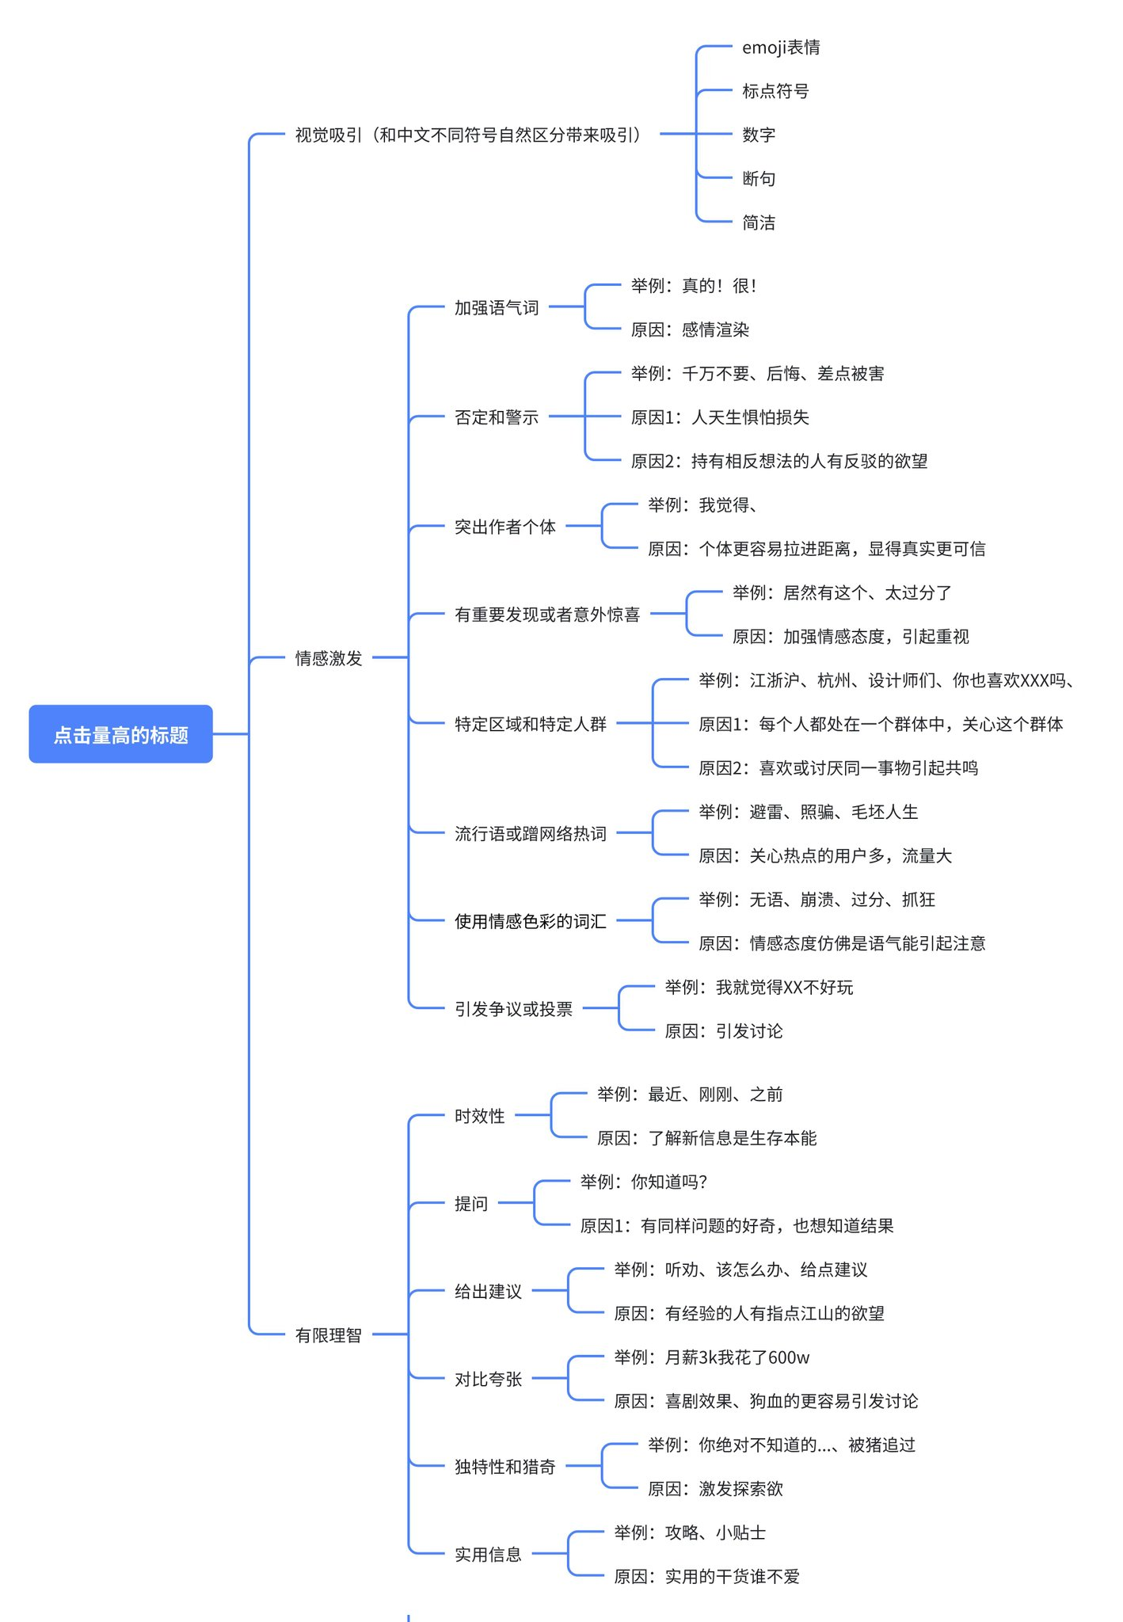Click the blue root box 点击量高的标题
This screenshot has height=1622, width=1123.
[x=120, y=734]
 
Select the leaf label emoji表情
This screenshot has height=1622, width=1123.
[x=781, y=48]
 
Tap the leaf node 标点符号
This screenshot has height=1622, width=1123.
[x=775, y=91]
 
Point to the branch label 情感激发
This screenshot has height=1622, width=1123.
[x=329, y=658]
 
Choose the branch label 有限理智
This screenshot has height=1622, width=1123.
[x=329, y=1335]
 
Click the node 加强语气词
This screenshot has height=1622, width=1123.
[x=497, y=307]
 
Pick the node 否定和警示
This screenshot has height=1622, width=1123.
[x=497, y=417]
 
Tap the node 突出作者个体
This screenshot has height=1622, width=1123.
[x=505, y=527]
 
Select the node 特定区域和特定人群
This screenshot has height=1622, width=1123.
[x=531, y=724]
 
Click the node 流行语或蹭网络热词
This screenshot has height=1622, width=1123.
[x=531, y=833]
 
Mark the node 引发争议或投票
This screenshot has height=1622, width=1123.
[x=513, y=1009]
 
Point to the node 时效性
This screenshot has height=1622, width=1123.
[x=480, y=1116]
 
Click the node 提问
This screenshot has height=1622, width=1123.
[x=471, y=1204]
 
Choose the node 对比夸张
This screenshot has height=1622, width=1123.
[x=489, y=1380]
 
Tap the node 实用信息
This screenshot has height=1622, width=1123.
[x=489, y=1555]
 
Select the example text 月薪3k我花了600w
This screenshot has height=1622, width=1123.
[x=737, y=1357]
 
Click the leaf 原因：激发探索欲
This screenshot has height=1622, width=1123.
[x=715, y=1489]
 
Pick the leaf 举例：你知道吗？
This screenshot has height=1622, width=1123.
[x=644, y=1182]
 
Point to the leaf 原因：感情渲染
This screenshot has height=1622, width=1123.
[x=690, y=329]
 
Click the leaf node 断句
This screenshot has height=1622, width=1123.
[x=759, y=179]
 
